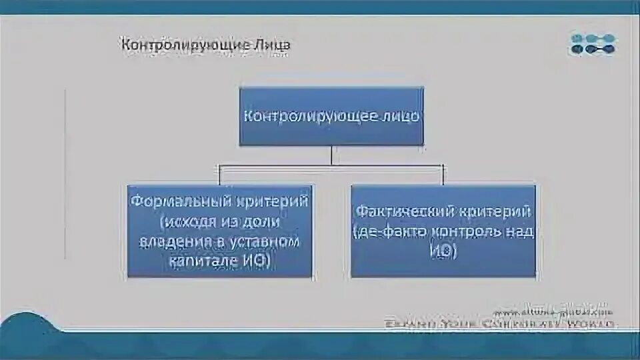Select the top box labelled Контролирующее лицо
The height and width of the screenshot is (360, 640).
[331, 116]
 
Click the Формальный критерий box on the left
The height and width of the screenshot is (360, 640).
[219, 231]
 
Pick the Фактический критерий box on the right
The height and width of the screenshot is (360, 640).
[443, 231]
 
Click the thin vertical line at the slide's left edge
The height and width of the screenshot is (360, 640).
[65, 173]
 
